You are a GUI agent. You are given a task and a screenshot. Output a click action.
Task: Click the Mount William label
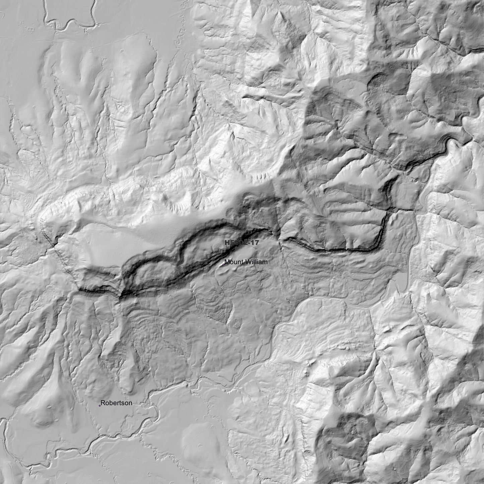246,262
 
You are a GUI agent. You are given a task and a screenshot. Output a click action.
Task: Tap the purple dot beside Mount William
223,265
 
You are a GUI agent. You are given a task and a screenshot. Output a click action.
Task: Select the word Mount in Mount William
233,262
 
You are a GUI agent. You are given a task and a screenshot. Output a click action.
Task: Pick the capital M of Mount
227,262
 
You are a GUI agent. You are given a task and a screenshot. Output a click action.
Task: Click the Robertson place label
116,403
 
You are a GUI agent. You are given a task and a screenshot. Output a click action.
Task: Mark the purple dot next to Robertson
99,406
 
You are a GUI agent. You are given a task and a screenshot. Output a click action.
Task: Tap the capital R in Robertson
102,403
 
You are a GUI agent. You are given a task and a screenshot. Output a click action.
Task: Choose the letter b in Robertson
110,403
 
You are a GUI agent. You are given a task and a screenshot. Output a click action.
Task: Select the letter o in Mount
231,262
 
